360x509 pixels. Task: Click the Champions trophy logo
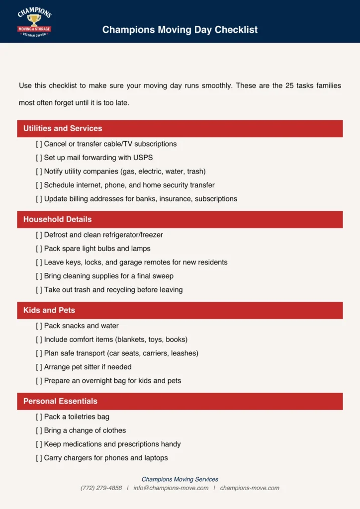point(34,22)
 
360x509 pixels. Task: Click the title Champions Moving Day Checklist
point(180,30)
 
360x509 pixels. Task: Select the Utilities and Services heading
point(63,128)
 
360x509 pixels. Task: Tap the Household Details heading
point(58,219)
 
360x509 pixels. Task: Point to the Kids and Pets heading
point(49,310)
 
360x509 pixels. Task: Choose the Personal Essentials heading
point(60,401)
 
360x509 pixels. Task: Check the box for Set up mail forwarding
point(39,158)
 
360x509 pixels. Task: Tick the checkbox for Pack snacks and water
point(39,326)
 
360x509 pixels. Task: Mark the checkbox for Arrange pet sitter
point(39,367)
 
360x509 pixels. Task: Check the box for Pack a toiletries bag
point(39,417)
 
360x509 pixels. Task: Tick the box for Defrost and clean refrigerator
point(39,235)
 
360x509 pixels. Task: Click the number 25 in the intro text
point(289,85)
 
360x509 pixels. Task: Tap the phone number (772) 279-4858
point(101,488)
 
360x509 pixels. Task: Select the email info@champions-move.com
point(171,488)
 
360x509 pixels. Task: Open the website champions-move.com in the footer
point(250,488)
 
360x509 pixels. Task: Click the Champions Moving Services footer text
point(180,480)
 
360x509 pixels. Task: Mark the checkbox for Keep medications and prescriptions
point(39,444)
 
